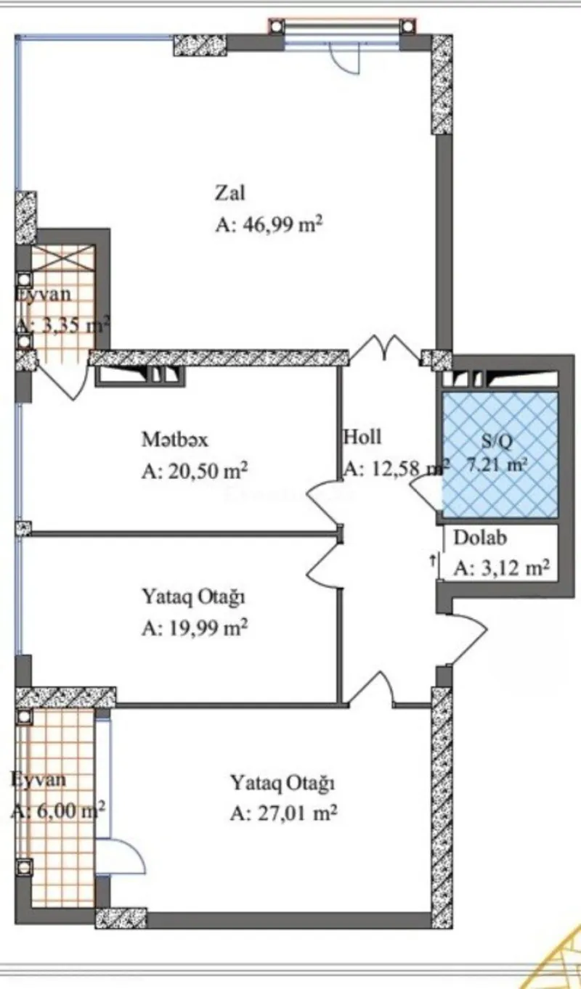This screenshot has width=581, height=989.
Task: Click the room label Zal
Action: coord(229,194)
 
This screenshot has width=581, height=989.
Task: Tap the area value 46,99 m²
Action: coord(269,226)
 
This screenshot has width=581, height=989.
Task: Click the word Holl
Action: coord(362,438)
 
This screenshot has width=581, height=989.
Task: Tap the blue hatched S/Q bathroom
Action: coord(500,454)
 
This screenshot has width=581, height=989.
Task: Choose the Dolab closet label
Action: coord(480,538)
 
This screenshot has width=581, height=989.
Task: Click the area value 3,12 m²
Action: coord(501,569)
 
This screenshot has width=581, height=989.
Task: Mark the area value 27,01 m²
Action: coord(284,815)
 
